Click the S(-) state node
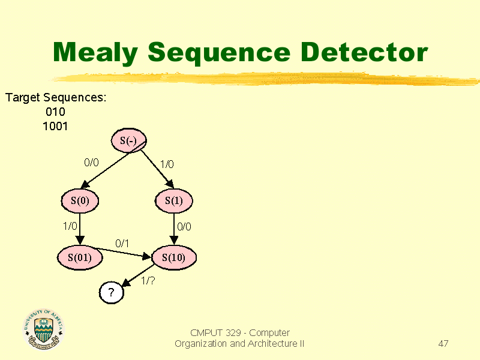(x=128, y=140)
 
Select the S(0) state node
(x=80, y=201)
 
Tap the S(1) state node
(x=174, y=201)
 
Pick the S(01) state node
(x=80, y=257)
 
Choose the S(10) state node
(x=174, y=257)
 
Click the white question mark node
(x=112, y=292)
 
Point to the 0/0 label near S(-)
(x=92, y=163)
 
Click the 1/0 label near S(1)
(x=167, y=164)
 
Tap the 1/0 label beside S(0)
(x=70, y=226)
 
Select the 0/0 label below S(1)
(x=184, y=227)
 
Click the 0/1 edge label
(x=122, y=244)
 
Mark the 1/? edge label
(x=148, y=280)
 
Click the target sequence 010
(x=55, y=112)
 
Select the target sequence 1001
(x=55, y=126)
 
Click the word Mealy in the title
(x=95, y=53)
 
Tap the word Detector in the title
(x=364, y=52)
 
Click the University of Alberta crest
(x=43, y=329)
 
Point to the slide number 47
(x=443, y=343)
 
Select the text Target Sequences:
(x=56, y=98)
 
